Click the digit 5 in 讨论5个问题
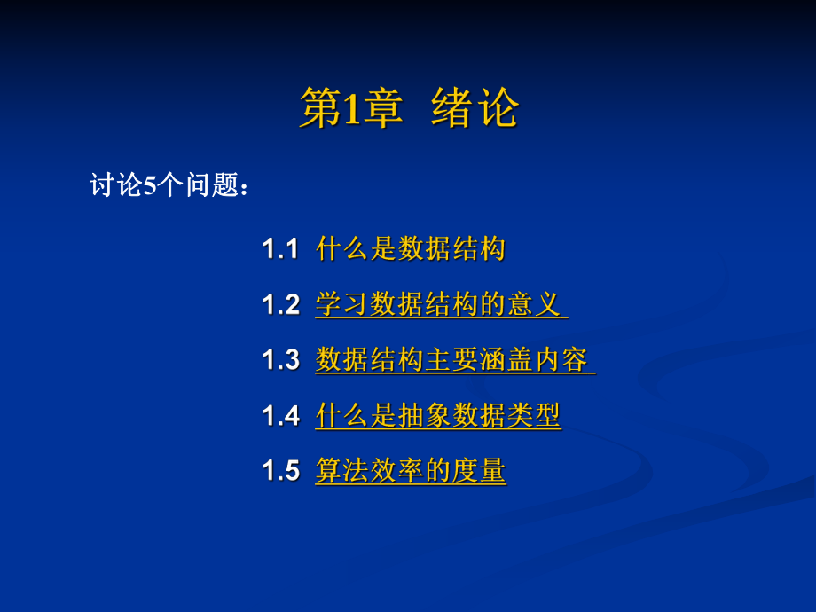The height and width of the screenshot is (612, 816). pyautogui.click(x=150, y=186)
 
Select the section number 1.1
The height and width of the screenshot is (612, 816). pyautogui.click(x=280, y=249)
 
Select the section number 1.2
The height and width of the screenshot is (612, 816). pyautogui.click(x=280, y=305)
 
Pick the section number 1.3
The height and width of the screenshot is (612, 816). pyautogui.click(x=280, y=361)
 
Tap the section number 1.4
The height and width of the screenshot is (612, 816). pyautogui.click(x=280, y=416)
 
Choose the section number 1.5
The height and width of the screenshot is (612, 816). pyautogui.click(x=280, y=472)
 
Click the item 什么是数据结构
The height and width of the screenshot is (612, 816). pyautogui.click(x=411, y=249)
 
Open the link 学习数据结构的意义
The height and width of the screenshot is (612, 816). pyautogui.click(x=440, y=305)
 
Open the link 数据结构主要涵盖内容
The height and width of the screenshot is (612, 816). pyautogui.click(x=453, y=361)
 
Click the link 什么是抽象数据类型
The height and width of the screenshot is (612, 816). pyautogui.click(x=438, y=416)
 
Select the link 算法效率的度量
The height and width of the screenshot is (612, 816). pyautogui.click(x=411, y=472)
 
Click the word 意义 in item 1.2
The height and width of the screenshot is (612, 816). pyautogui.click(x=535, y=305)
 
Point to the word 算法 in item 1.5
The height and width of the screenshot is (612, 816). pyautogui.click(x=342, y=472)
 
